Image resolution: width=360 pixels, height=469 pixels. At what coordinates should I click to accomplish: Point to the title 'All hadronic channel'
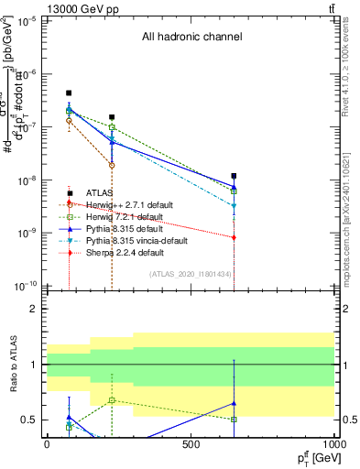tap(191, 38)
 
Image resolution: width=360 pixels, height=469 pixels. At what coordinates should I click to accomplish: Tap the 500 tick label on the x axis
tap(191, 444)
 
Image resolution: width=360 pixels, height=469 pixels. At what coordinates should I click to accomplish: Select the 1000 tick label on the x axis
tap(334, 444)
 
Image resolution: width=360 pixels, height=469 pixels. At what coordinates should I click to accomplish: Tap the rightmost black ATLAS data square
tap(235, 176)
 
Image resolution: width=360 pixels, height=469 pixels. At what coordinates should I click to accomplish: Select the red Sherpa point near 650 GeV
tap(235, 237)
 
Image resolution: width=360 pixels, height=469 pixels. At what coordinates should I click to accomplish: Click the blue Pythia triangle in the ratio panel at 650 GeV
tap(235, 403)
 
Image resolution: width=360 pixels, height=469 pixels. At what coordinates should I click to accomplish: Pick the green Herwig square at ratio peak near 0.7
tap(112, 400)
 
